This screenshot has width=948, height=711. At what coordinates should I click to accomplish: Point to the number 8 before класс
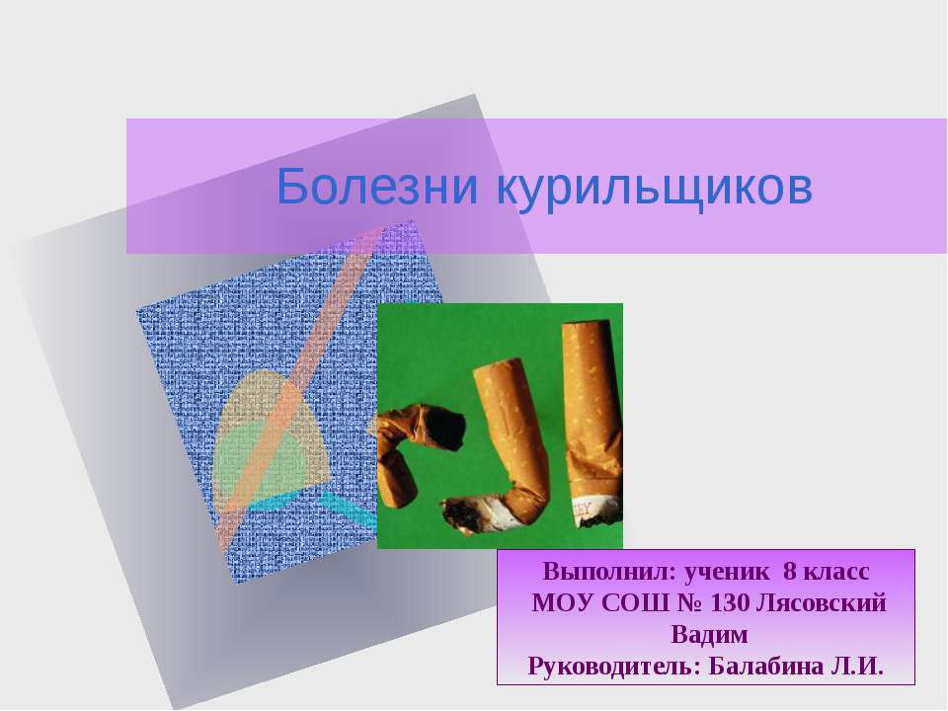(789, 573)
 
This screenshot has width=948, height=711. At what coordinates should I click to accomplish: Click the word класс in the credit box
(837, 573)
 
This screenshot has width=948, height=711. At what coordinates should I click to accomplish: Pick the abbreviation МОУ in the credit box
(561, 603)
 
